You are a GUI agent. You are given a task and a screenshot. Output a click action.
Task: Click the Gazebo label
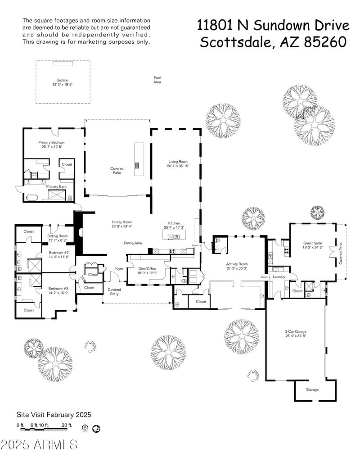tap(62, 79)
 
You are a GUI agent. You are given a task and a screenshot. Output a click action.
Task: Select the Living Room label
tap(178, 161)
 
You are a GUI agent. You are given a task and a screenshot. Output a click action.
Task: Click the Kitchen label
tap(174, 223)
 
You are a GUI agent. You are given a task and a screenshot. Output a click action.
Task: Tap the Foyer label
tap(119, 268)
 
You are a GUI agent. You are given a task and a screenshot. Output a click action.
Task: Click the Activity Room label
tap(237, 264)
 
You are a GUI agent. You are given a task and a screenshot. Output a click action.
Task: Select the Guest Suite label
tap(312, 243)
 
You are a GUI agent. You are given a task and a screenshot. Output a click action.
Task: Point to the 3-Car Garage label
tap(295, 331)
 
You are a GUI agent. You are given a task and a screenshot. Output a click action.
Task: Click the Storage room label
tap(312, 389)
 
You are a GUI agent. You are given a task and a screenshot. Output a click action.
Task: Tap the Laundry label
tap(279, 276)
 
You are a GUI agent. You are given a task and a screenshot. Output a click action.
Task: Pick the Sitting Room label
tap(58, 236)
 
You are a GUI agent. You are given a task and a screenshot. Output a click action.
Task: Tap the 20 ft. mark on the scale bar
tap(67, 425)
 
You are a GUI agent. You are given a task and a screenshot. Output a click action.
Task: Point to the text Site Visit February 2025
tap(54, 415)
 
